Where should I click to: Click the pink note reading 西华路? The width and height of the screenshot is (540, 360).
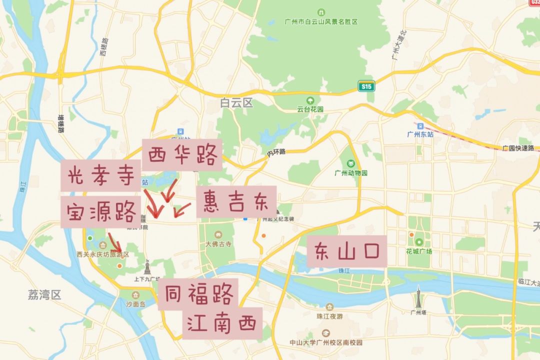[182, 155]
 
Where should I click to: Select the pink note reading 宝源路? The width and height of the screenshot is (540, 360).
[100, 212]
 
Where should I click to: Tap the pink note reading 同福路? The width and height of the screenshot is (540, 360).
[198, 294]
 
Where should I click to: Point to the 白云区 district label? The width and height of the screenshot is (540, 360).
[237, 103]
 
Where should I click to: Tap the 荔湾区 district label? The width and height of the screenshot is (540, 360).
[44, 295]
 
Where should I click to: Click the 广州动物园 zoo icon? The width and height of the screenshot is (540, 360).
[351, 163]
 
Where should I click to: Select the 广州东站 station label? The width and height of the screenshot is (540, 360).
[420, 134]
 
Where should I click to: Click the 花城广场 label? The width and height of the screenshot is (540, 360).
[418, 251]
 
